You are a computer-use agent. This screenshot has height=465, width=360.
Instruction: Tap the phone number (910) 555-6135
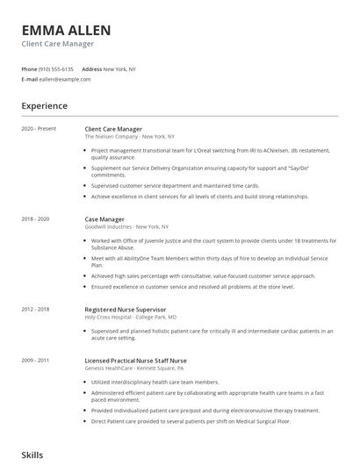click(56, 68)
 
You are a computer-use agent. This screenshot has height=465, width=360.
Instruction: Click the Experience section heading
click(45, 106)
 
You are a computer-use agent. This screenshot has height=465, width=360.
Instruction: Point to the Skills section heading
click(32, 454)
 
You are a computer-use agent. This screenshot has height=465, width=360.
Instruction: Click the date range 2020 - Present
click(39, 129)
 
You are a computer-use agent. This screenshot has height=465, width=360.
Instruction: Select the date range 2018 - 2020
click(36, 218)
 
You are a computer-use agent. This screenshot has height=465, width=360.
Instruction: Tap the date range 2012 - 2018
click(36, 309)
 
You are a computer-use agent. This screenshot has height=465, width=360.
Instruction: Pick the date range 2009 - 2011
click(36, 361)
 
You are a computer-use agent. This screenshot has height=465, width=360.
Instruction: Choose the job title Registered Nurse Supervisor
click(130, 309)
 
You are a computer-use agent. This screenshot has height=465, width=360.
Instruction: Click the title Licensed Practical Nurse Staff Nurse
click(135, 361)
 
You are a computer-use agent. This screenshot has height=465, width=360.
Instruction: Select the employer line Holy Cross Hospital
click(130, 317)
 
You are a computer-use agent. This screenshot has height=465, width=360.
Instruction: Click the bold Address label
click(91, 68)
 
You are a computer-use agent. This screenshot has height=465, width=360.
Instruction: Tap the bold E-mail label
click(30, 79)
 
